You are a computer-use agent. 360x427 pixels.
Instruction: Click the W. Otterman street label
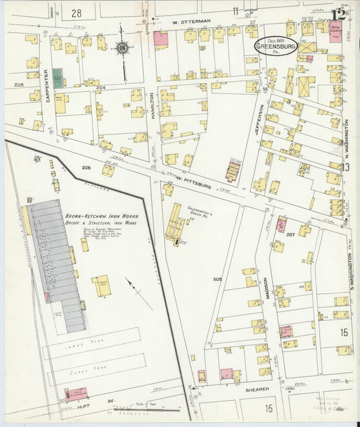pos(191,21)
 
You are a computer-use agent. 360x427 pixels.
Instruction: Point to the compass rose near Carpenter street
pos(122,49)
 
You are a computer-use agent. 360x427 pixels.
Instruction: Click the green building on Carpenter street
pos(58,78)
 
